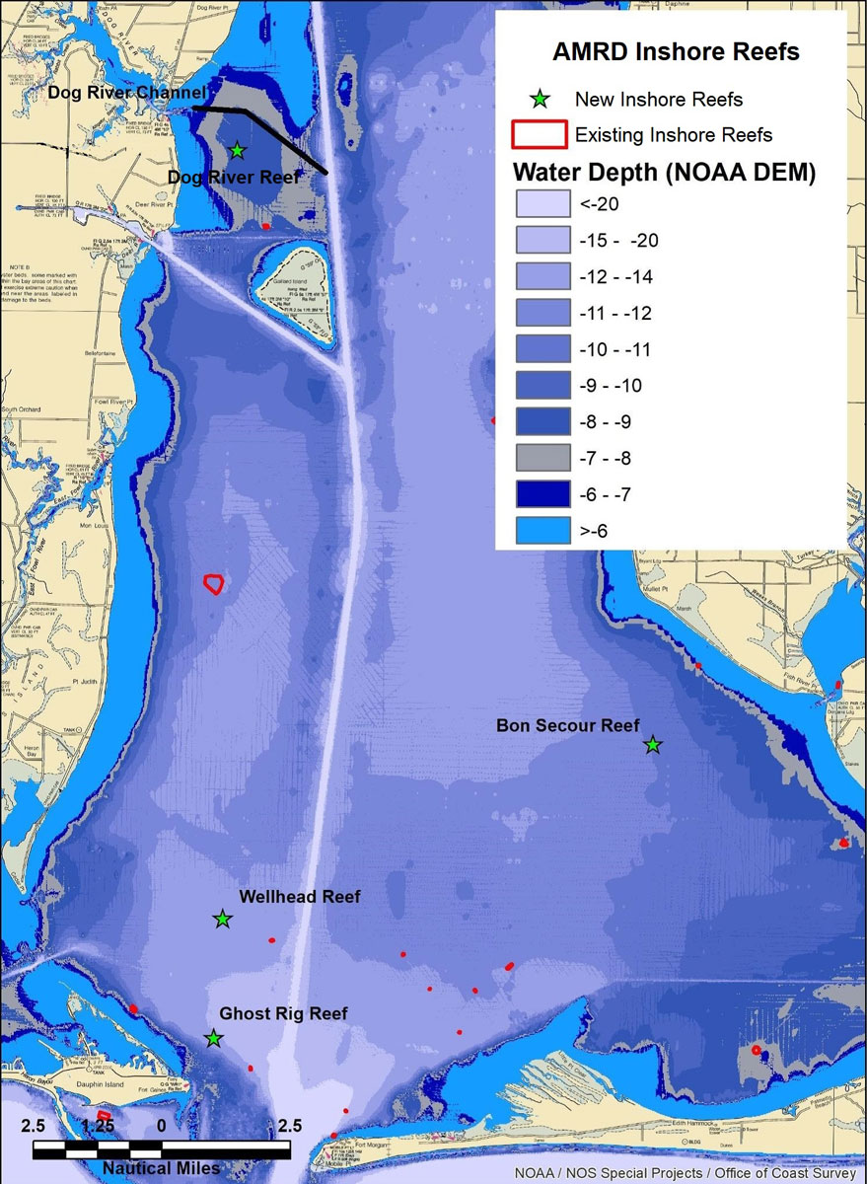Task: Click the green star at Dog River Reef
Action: pyautogui.click(x=237, y=150)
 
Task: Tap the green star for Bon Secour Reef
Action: pyautogui.click(x=652, y=744)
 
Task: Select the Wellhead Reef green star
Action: pyautogui.click(x=223, y=919)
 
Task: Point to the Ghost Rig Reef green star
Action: pyautogui.click(x=213, y=1038)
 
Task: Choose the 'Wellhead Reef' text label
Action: pyautogui.click(x=299, y=897)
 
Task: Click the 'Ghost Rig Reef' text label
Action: pyautogui.click(x=283, y=1013)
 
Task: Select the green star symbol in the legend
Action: pyautogui.click(x=540, y=99)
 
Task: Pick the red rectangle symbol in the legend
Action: pyautogui.click(x=540, y=134)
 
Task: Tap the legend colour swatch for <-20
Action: pyautogui.click(x=542, y=205)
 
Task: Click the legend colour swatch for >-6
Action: pyautogui.click(x=542, y=531)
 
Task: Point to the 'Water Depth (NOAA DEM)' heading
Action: pyautogui.click(x=664, y=172)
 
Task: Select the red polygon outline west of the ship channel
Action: pyautogui.click(x=213, y=583)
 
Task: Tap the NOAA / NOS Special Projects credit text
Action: pyautogui.click(x=687, y=1173)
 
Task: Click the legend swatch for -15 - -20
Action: pyautogui.click(x=542, y=241)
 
